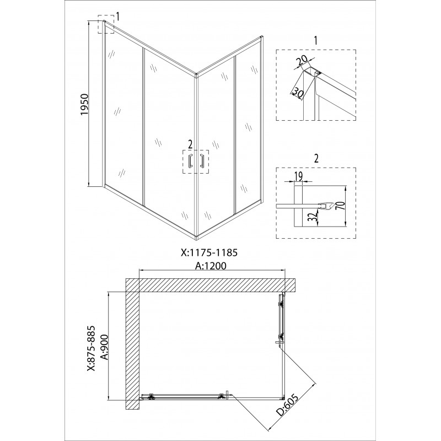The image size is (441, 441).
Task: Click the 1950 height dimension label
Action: point(85,105)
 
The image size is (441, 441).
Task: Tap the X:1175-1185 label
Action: point(209,252)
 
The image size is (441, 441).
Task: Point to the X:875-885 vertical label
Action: point(91,349)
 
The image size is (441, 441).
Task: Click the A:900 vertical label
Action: point(104,347)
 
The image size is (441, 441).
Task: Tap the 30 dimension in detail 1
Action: point(298,93)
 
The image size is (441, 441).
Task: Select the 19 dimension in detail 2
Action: point(298,176)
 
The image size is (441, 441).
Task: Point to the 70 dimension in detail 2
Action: point(341,206)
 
